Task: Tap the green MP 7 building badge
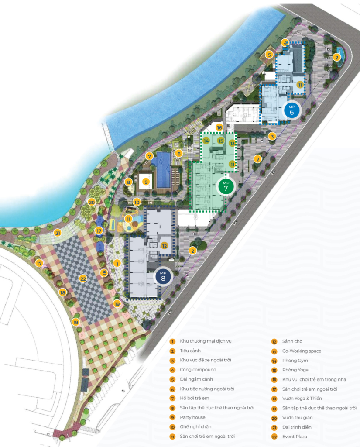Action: tap(226, 186)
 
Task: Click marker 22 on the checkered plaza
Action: tap(83, 278)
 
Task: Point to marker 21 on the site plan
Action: tap(58, 233)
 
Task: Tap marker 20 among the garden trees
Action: tap(92, 202)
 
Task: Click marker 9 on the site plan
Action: tap(146, 182)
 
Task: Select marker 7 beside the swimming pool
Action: tap(149, 156)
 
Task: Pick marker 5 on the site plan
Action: tap(270, 55)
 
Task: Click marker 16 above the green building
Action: tap(219, 127)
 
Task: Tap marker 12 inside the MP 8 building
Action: tap(165, 245)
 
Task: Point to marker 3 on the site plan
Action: tap(272, 136)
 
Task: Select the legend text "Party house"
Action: tap(192, 417)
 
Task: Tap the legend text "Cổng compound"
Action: tap(198, 370)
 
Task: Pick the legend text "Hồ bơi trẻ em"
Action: tap(195, 398)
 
